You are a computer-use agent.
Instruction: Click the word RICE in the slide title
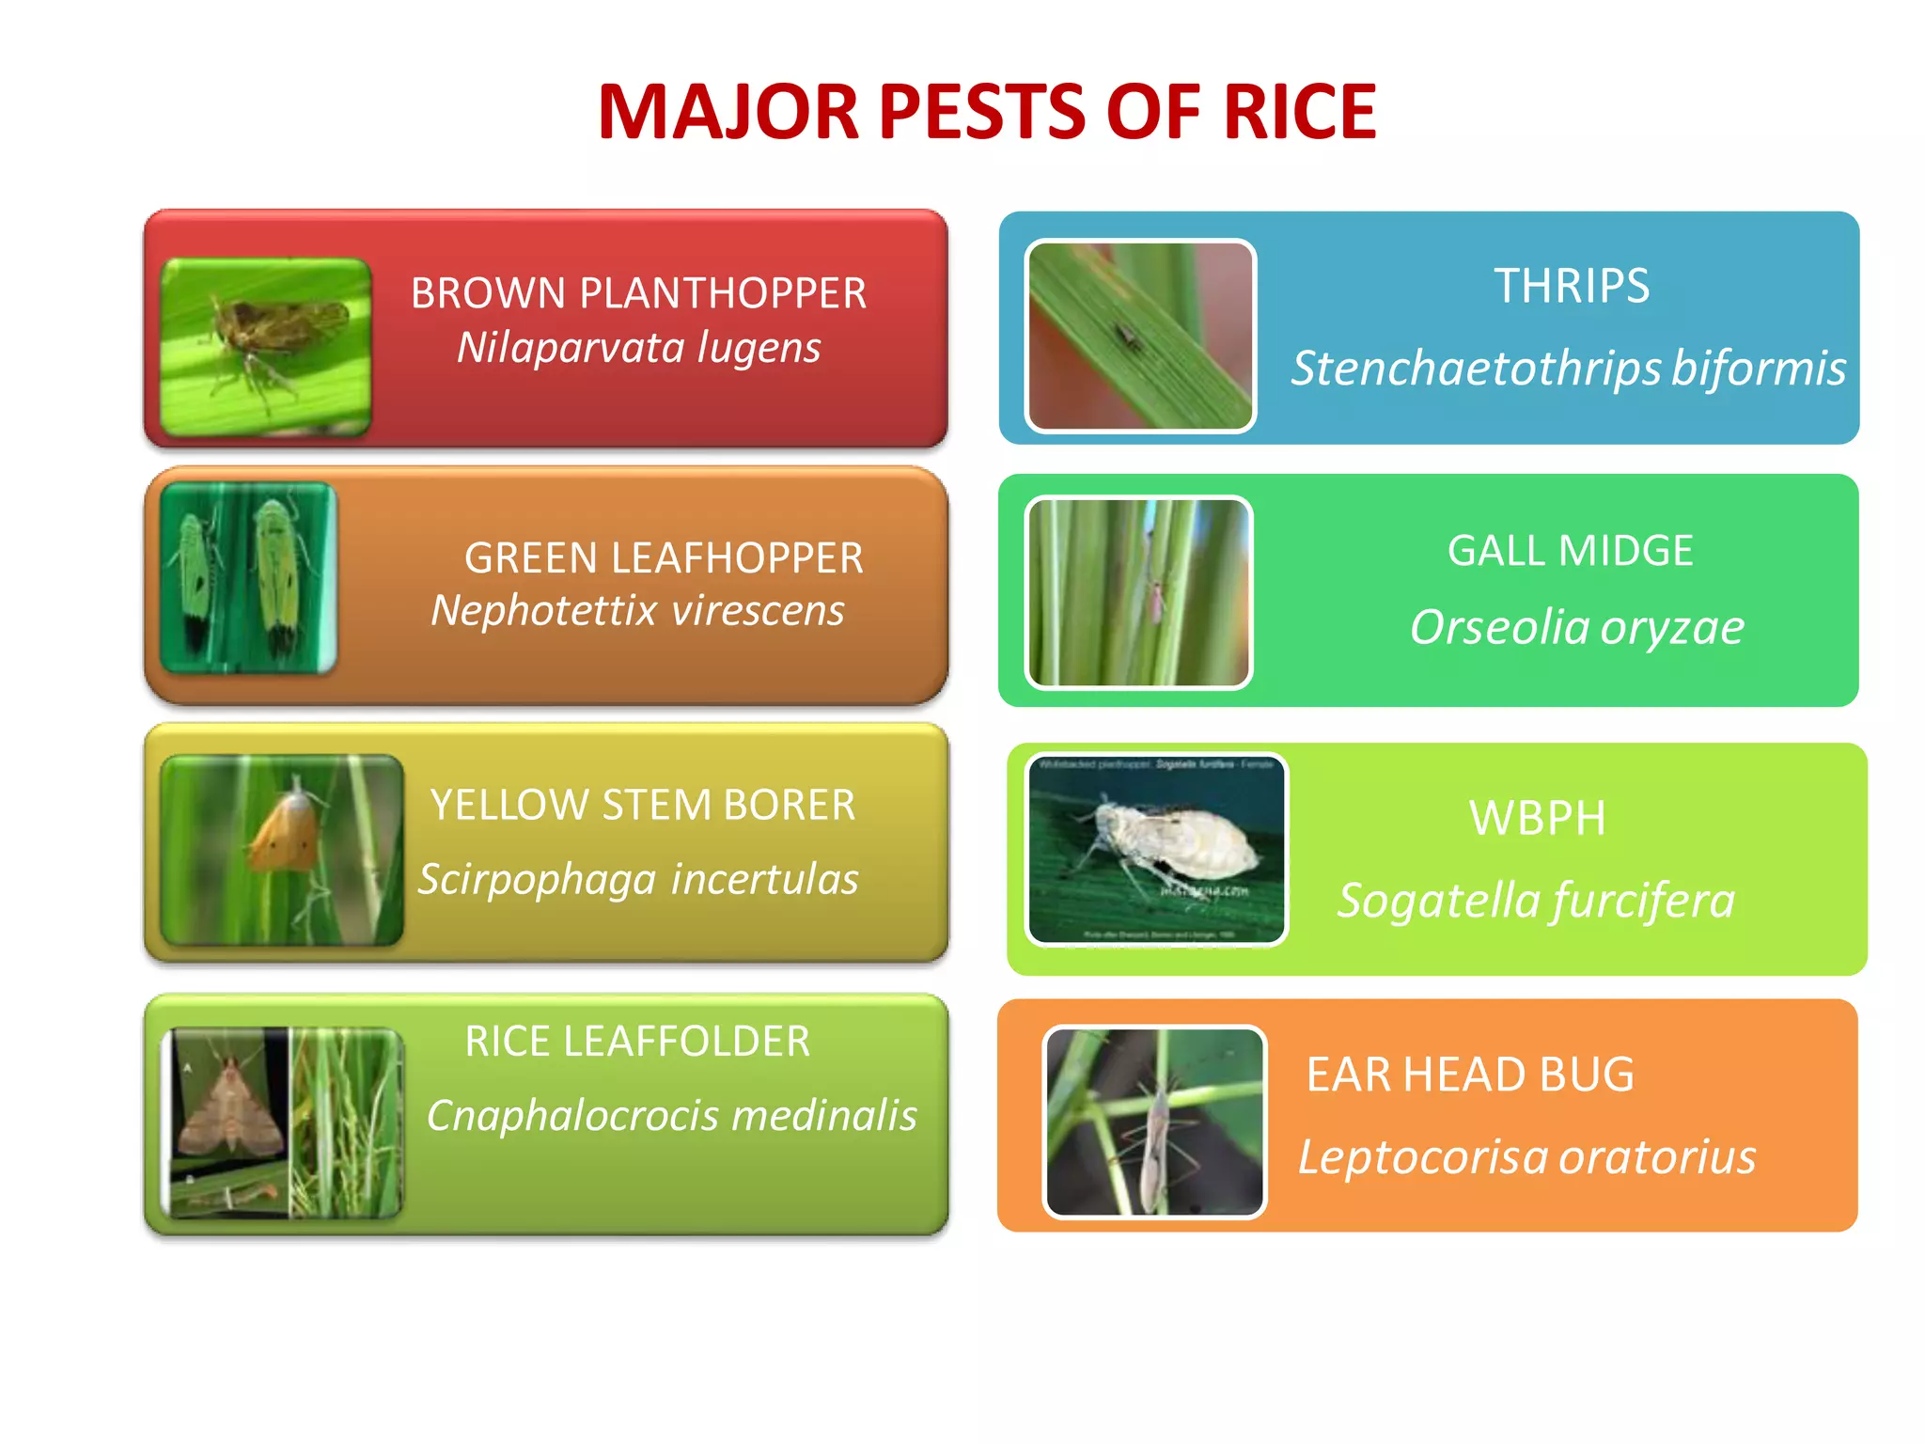click(1299, 113)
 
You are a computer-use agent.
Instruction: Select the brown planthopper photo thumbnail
click(266, 346)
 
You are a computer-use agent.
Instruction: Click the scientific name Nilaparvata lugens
click(638, 348)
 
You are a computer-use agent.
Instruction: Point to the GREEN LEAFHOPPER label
click(664, 557)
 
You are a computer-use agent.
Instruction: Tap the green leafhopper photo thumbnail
click(248, 577)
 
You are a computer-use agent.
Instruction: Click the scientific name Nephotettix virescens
click(637, 611)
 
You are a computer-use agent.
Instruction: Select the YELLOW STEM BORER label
click(643, 805)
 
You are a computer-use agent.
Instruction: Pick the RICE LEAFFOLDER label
click(637, 1042)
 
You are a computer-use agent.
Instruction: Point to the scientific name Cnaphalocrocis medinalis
click(671, 1116)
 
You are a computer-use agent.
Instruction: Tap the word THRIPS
click(1572, 286)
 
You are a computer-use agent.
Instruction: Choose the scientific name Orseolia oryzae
click(1576, 628)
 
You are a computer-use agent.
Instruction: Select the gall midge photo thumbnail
click(1139, 592)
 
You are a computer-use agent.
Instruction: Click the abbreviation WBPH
click(1537, 818)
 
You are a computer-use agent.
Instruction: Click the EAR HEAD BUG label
click(1470, 1075)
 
